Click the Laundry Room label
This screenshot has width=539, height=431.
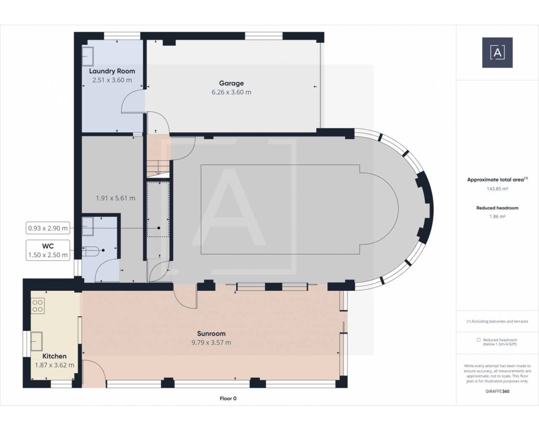[112, 71]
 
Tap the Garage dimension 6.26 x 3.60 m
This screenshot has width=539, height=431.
[231, 92]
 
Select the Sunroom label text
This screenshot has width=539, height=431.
[211, 334]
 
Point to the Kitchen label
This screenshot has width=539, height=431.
[54, 356]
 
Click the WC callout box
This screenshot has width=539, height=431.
[48, 250]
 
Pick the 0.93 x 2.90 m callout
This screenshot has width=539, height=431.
[48, 228]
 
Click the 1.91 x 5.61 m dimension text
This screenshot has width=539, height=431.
[115, 198]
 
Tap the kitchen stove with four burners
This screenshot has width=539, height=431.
[37, 306]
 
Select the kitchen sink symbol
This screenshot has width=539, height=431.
[37, 341]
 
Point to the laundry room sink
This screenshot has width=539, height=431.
[88, 56]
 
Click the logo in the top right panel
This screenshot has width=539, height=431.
[497, 53]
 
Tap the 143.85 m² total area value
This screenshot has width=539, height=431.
[497, 189]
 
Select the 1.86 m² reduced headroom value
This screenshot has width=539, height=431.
[497, 216]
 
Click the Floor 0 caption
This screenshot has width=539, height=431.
[228, 398]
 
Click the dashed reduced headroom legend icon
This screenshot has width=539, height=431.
[479, 340]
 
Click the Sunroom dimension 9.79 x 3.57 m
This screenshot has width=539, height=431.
[211, 343]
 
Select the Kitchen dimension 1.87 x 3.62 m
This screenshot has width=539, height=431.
[54, 365]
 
